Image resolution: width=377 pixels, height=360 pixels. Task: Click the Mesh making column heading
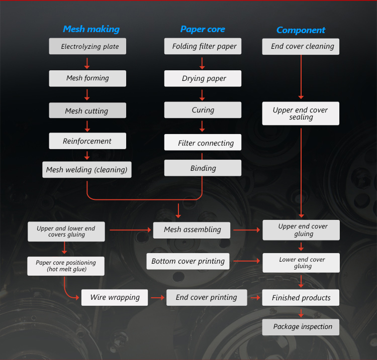click(x=91, y=29)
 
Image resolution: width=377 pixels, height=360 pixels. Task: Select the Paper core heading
click(x=203, y=29)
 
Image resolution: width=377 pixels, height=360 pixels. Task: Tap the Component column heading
click(x=301, y=30)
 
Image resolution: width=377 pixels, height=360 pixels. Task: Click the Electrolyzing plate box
click(x=87, y=47)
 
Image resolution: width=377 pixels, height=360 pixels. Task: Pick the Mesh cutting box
click(x=87, y=111)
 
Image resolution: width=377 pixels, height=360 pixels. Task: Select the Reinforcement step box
click(x=87, y=141)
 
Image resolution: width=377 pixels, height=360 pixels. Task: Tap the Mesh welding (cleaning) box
click(x=87, y=170)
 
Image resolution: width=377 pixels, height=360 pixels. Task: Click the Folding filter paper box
click(x=203, y=47)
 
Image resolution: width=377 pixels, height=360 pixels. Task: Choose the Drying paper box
click(x=203, y=78)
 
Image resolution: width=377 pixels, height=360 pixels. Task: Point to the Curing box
click(x=203, y=110)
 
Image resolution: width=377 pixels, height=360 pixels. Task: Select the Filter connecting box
click(x=203, y=143)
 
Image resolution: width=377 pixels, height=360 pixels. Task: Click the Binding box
click(x=203, y=168)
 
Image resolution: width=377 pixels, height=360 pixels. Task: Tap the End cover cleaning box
click(x=301, y=47)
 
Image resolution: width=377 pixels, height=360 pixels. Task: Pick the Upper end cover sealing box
click(x=301, y=113)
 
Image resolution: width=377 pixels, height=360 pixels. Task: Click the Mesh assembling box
click(x=192, y=230)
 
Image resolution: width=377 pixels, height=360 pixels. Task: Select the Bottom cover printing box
click(x=188, y=261)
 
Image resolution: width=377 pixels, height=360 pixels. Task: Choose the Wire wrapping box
click(x=115, y=297)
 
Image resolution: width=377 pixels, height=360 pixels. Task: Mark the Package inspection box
click(x=301, y=327)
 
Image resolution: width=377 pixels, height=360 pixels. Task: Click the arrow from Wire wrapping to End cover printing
click(x=158, y=297)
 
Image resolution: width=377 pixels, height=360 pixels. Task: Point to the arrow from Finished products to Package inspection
click(x=301, y=313)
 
